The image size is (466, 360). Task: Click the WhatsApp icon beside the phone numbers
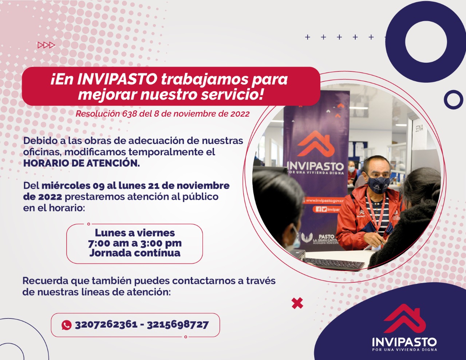(67, 325)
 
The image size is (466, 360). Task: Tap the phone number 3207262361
(106, 325)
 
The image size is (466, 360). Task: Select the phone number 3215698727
(178, 325)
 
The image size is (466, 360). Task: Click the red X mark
(297, 303)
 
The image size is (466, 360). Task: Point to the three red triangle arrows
(46, 45)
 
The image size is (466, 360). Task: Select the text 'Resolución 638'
(106, 114)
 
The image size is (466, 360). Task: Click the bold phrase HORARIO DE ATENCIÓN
(82, 163)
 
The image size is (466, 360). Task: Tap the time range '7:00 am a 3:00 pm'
(135, 243)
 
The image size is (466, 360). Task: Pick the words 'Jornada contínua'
(135, 253)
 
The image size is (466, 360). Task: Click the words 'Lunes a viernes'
(135, 233)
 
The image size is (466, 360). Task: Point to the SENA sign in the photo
(419, 129)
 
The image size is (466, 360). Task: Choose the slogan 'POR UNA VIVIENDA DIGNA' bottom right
(404, 350)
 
